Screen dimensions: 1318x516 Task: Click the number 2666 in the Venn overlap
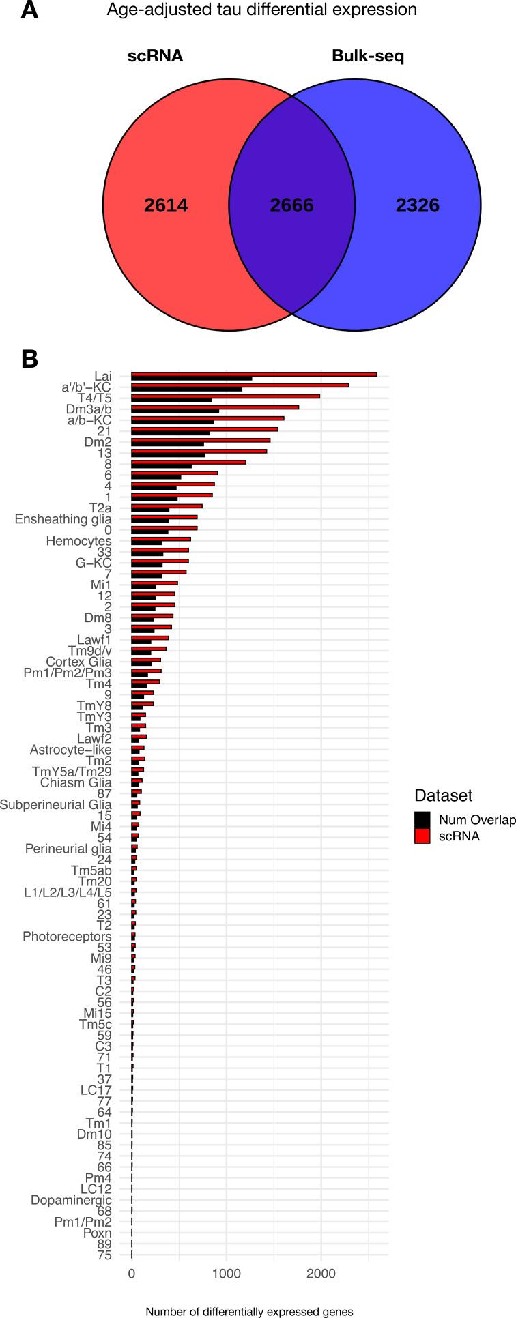pyautogui.click(x=291, y=205)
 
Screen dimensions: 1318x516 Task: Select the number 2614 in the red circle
pyautogui.click(x=166, y=205)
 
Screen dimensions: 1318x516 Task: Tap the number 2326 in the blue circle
pyautogui.click(x=417, y=205)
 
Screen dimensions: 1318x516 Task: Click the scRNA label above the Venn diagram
pyautogui.click(x=155, y=56)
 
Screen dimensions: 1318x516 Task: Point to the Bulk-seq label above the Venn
pyautogui.click(x=368, y=56)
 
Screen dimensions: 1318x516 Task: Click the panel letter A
pyautogui.click(x=29, y=10)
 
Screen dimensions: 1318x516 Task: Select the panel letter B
pyautogui.click(x=29, y=359)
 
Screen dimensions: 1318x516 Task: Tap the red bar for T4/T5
pyautogui.click(x=225, y=396)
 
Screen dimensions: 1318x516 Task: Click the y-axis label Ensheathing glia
pyautogui.click(x=63, y=520)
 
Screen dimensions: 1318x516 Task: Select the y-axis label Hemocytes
pyautogui.click(x=78, y=542)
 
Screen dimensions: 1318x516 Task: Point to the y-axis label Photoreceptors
pyautogui.click(x=67, y=937)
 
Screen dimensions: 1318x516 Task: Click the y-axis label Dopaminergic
pyautogui.click(x=71, y=1200)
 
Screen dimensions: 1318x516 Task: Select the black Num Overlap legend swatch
pyautogui.click(x=422, y=820)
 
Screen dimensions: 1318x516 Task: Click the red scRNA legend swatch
pyautogui.click(x=422, y=836)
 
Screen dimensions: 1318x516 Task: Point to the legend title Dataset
pyautogui.click(x=443, y=795)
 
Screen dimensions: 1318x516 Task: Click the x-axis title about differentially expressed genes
pyautogui.click(x=249, y=1311)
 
